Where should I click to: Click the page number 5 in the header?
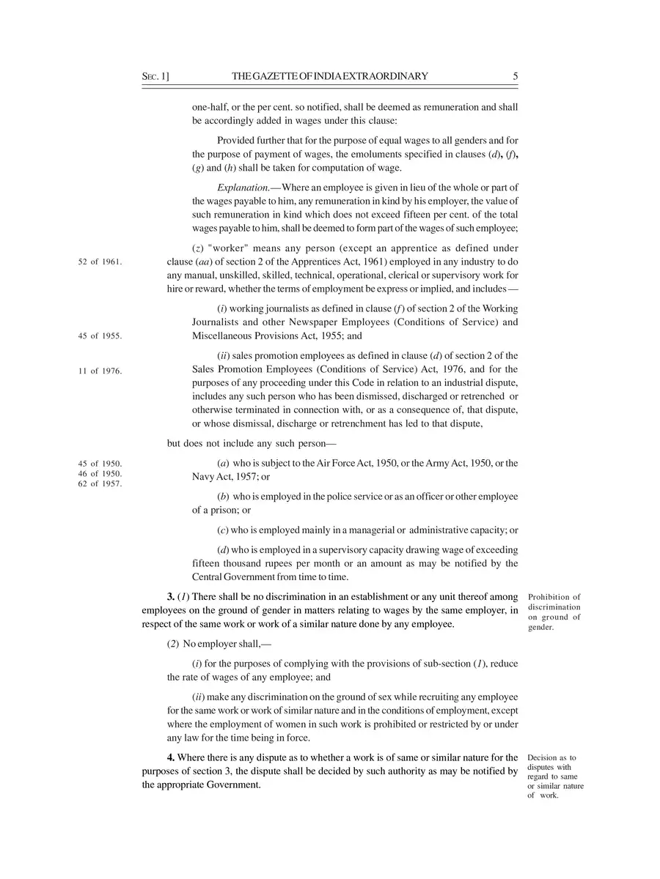(x=516, y=76)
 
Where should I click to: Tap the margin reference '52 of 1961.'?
(x=99, y=262)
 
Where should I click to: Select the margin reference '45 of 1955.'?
(x=99, y=336)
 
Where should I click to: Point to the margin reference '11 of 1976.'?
(x=99, y=371)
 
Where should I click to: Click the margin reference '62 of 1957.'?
(x=99, y=483)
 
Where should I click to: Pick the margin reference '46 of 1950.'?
(x=99, y=473)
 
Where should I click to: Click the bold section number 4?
(x=170, y=757)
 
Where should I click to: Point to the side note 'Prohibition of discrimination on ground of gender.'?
(x=554, y=612)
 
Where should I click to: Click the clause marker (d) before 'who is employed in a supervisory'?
(x=224, y=549)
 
